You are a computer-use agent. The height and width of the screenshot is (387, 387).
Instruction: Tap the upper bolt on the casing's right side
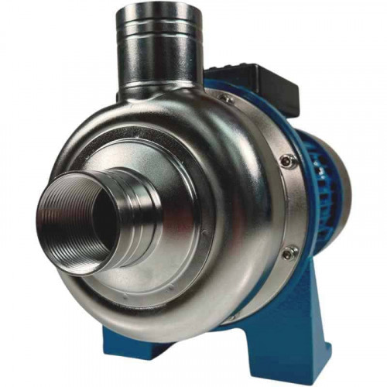[287, 160]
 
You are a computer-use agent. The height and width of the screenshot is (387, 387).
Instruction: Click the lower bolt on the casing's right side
[287, 252]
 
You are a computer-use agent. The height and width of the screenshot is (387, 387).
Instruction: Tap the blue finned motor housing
[325, 193]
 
